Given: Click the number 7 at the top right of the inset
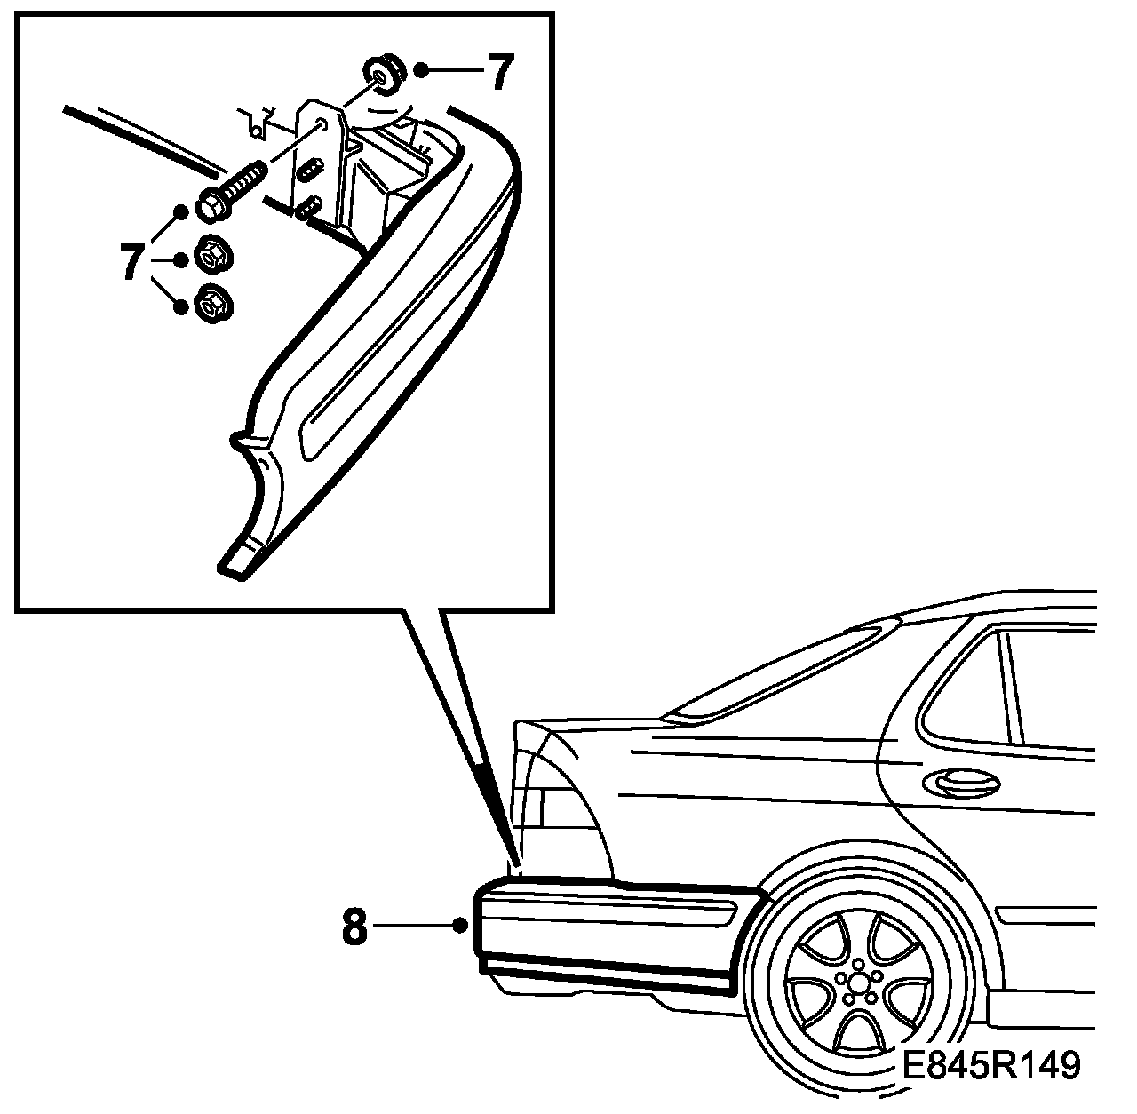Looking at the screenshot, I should [498, 73].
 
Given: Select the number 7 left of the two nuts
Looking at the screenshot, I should [131, 261].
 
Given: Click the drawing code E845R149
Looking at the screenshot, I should [991, 1065].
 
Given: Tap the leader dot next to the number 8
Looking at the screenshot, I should [459, 926].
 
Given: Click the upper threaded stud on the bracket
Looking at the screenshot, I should [310, 170].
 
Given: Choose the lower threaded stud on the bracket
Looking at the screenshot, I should [308, 207].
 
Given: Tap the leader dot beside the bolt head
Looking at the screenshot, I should [181, 211].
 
